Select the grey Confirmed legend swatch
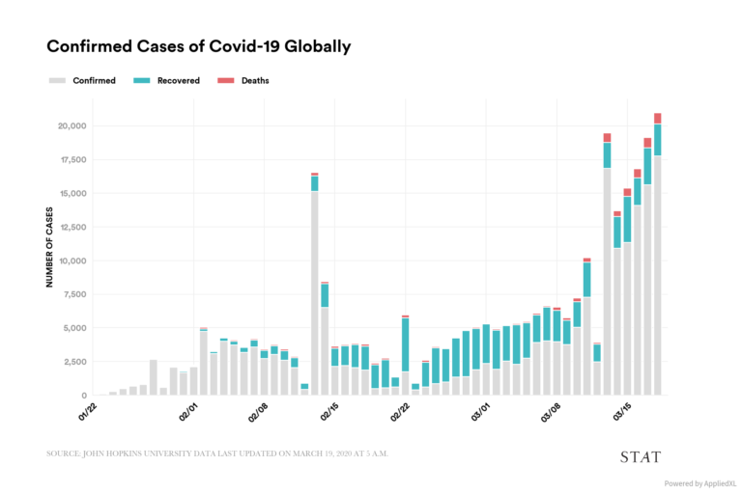click(x=56, y=81)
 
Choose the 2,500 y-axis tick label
click(x=75, y=362)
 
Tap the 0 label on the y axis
click(x=84, y=396)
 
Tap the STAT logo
click(x=640, y=456)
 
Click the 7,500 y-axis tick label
click(x=75, y=294)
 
